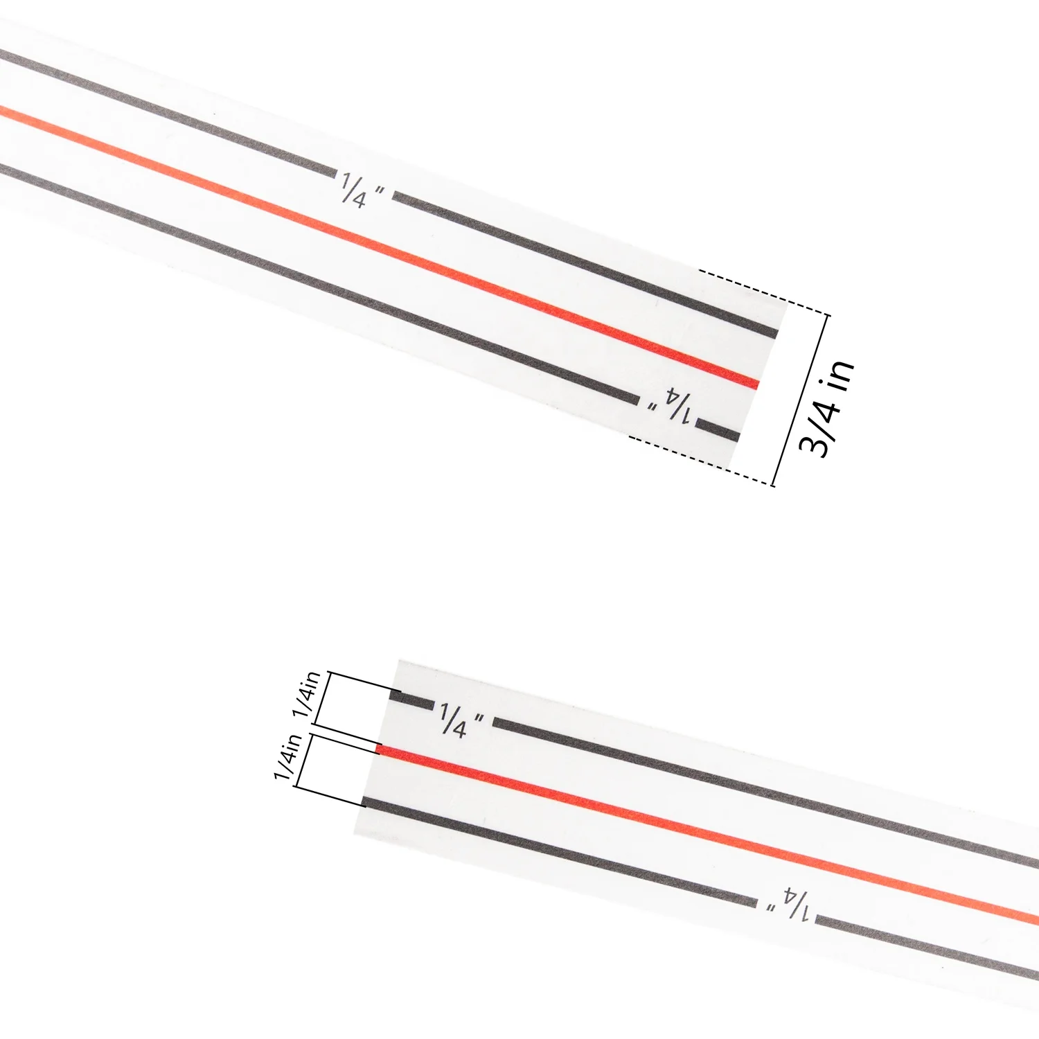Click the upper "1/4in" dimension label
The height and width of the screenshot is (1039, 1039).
(x=306, y=693)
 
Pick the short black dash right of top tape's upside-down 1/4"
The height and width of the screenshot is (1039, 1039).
(x=718, y=431)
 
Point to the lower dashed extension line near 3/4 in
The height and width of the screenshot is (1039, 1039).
(x=700, y=460)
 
